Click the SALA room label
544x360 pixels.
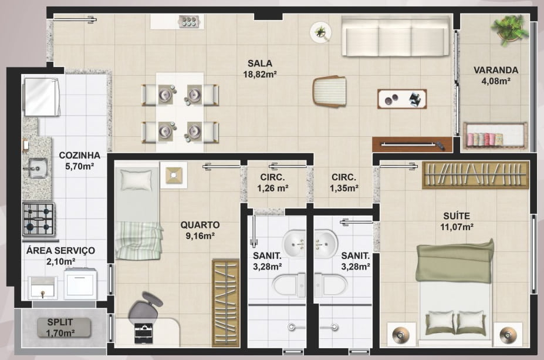point(260,63)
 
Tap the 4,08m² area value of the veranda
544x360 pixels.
point(495,81)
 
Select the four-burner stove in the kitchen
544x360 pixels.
point(39,220)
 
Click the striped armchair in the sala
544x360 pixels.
point(330,91)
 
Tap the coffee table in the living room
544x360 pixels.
point(402,99)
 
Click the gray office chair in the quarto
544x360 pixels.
point(145,307)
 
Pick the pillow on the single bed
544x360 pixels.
point(136,180)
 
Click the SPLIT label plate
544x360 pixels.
point(64,327)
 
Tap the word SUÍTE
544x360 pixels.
point(457,216)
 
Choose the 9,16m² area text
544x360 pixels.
point(200,237)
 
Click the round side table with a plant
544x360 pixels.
point(320,32)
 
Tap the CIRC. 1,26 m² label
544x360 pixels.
point(273,183)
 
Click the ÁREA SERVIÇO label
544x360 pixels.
point(60,251)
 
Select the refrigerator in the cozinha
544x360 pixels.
point(41,97)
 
